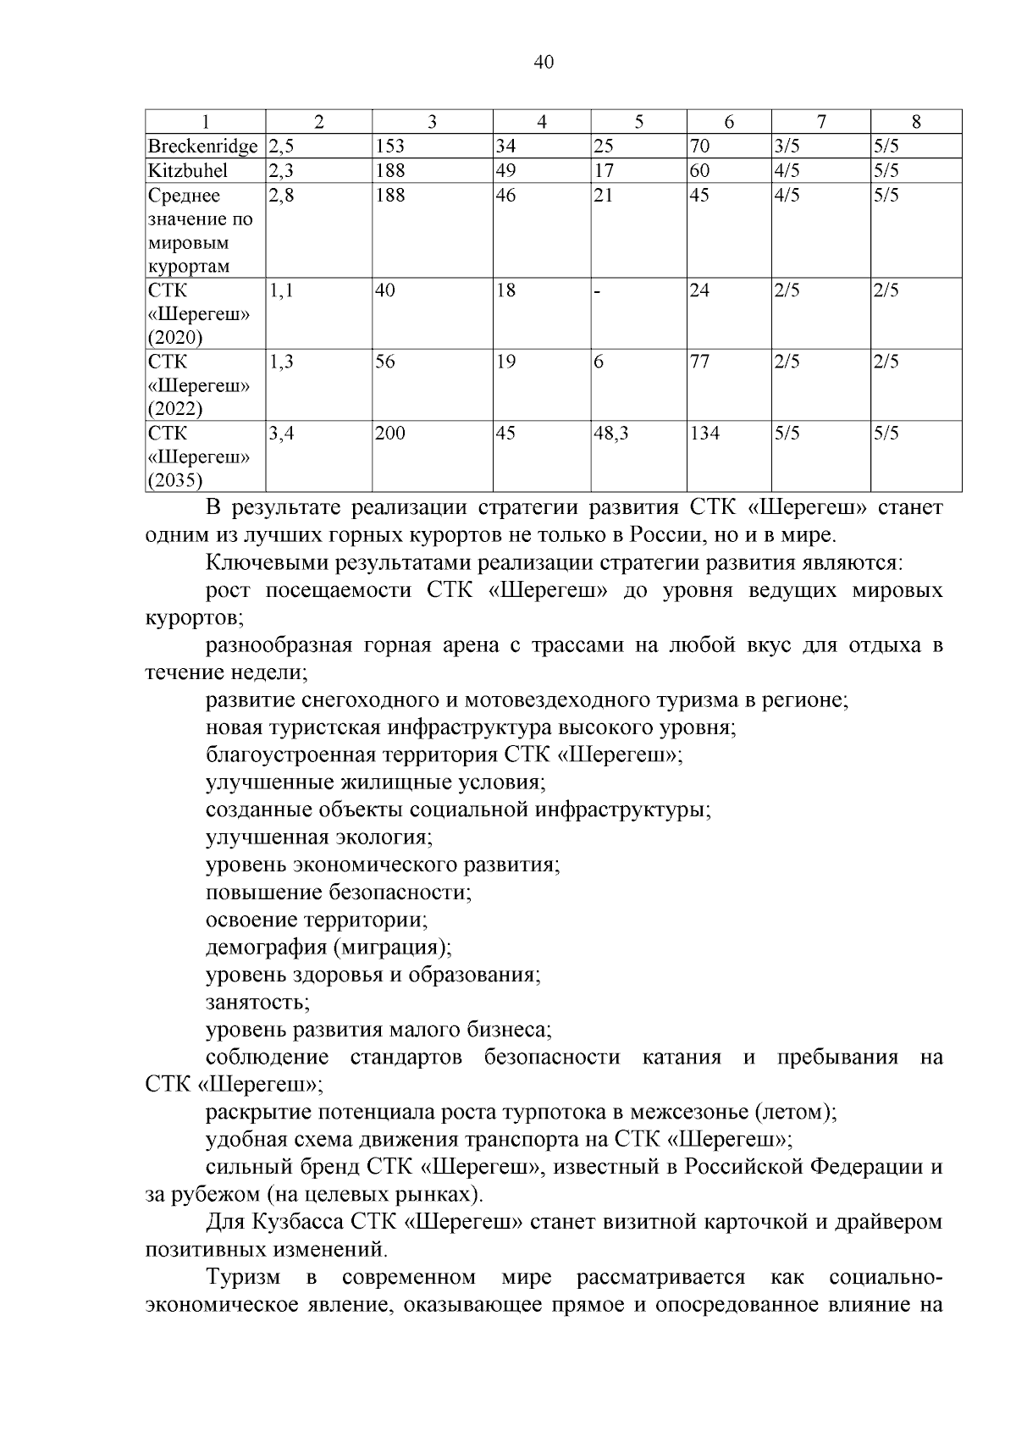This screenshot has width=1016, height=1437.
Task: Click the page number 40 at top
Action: (544, 63)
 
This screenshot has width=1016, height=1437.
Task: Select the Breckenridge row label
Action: (202, 146)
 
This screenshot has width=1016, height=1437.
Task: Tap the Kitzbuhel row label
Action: (187, 171)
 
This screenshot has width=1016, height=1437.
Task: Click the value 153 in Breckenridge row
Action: (390, 146)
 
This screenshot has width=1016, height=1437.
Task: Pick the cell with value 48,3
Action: (610, 434)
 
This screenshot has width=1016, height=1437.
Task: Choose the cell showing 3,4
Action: (282, 434)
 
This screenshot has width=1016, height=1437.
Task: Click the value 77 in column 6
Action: (699, 362)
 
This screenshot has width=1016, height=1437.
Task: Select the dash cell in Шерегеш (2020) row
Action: (597, 292)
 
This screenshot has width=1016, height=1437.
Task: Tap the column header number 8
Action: (916, 122)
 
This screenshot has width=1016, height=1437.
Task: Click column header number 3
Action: (432, 122)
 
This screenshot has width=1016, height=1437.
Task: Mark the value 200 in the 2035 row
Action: (390, 434)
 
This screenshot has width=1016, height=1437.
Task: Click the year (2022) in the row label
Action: (175, 410)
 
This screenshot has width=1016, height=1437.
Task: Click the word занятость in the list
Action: (257, 1003)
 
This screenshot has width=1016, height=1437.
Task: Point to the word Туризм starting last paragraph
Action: (244, 1277)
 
